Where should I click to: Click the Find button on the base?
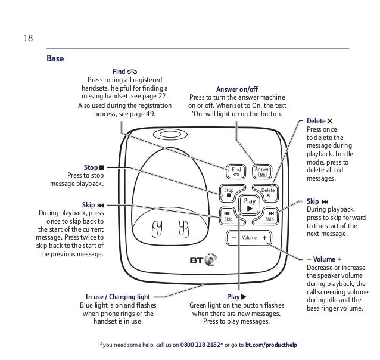point(236,171)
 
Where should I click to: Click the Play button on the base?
point(249,204)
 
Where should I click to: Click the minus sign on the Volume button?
point(234,238)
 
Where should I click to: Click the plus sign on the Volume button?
point(264,238)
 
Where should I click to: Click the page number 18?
point(27,39)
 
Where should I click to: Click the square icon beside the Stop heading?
point(101,167)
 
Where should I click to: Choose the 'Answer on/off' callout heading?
point(236,89)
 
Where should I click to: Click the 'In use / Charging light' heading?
point(118,296)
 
